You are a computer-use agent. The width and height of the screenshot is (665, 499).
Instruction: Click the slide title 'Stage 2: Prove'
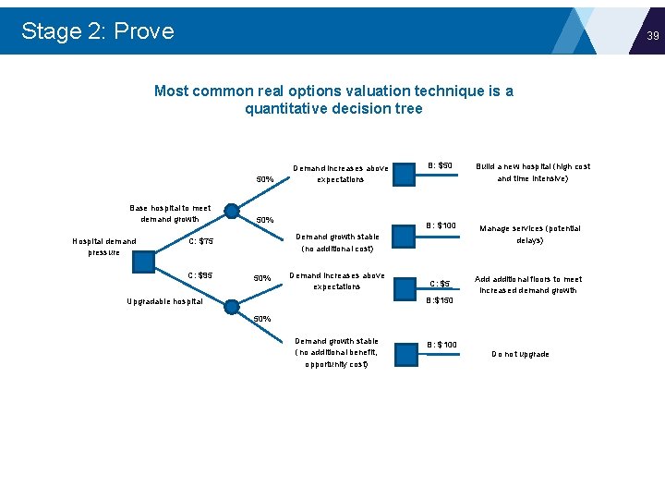point(97,31)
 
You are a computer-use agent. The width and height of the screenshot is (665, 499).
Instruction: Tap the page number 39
point(652,36)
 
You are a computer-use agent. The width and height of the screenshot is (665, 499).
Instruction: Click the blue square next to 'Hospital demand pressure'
point(143,262)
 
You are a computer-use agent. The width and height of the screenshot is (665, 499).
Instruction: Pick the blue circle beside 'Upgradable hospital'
point(232,307)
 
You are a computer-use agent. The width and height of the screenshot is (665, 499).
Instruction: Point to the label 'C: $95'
point(200,275)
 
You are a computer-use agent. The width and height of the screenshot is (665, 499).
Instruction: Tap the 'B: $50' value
point(441,166)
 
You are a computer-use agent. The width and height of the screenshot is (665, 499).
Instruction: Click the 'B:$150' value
point(441,300)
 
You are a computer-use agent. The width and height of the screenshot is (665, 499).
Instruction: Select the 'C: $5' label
point(441,284)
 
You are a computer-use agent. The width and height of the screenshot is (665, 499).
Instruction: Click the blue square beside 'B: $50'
point(403,173)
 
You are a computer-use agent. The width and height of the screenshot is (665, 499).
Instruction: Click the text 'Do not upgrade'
point(520,355)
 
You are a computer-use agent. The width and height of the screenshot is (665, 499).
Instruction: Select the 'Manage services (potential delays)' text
point(529,234)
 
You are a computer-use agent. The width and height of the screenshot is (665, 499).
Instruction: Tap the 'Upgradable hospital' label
point(164,301)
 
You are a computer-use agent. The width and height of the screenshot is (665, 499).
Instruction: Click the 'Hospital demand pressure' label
point(104,247)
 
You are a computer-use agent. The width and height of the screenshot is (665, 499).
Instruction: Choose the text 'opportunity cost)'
point(335,364)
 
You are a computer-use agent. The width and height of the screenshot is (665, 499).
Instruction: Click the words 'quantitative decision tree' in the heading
point(333,109)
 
